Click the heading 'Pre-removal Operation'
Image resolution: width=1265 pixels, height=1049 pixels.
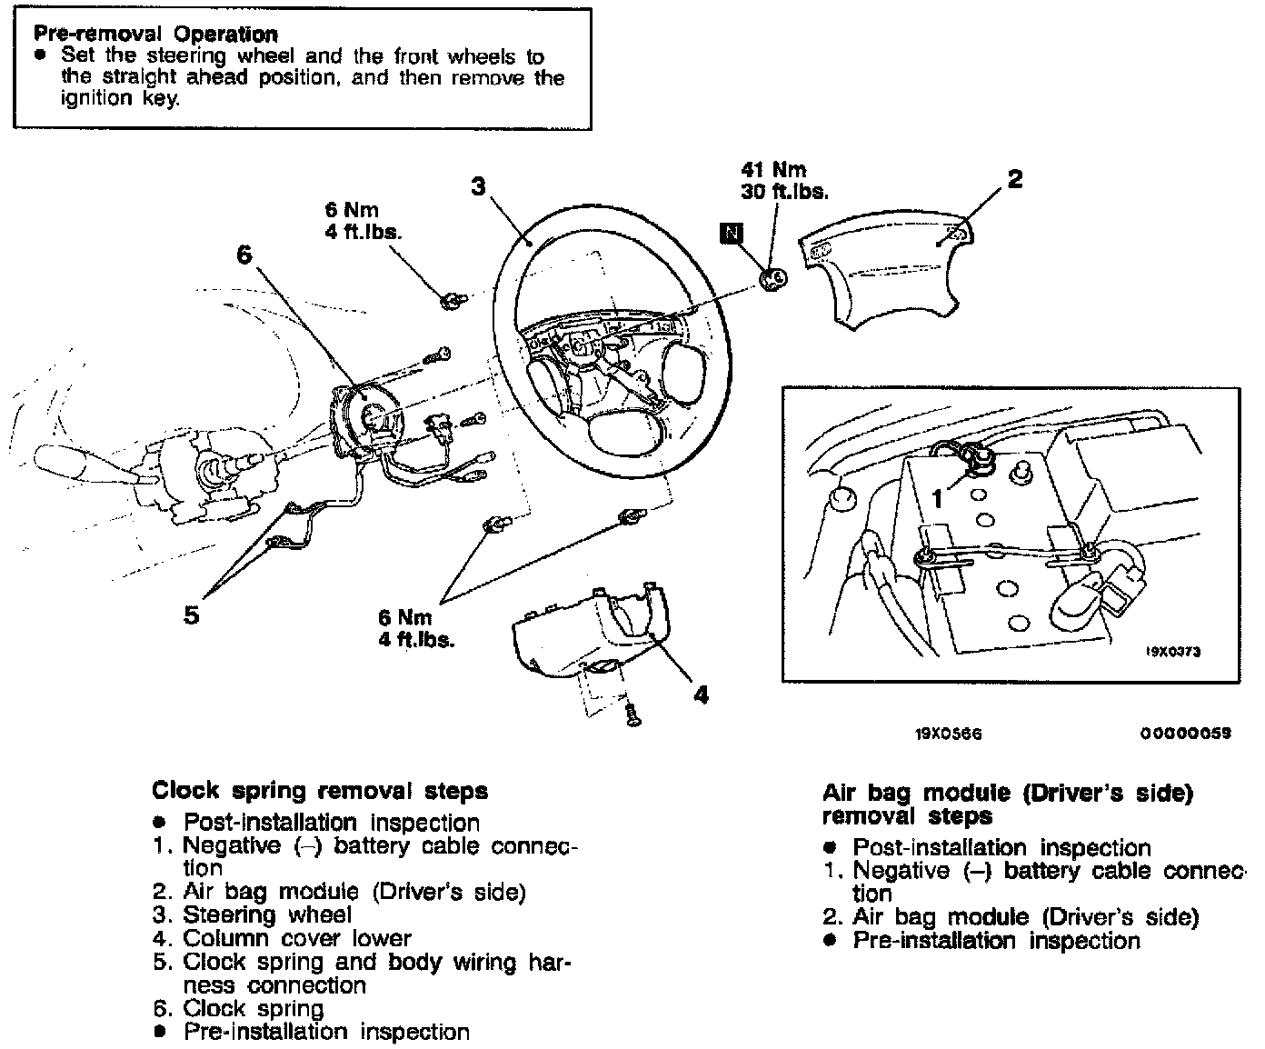pos(155,35)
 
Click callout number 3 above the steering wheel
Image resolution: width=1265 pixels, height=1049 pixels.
pos(479,186)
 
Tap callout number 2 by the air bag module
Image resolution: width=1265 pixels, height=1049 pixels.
pos(1015,179)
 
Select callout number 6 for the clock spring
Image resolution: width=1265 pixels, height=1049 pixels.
pos(244,255)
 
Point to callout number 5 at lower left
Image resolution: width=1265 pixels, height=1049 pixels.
pos(191,615)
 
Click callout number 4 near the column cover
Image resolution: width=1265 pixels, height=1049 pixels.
pos(701,695)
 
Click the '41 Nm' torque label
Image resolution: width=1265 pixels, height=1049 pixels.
pos(773,170)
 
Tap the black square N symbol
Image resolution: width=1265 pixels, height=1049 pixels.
pos(731,233)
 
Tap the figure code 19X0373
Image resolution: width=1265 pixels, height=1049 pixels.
pos(1172,651)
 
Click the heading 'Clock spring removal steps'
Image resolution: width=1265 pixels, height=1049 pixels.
pos(320,791)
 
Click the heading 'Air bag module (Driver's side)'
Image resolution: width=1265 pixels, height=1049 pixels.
pos(1006,793)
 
